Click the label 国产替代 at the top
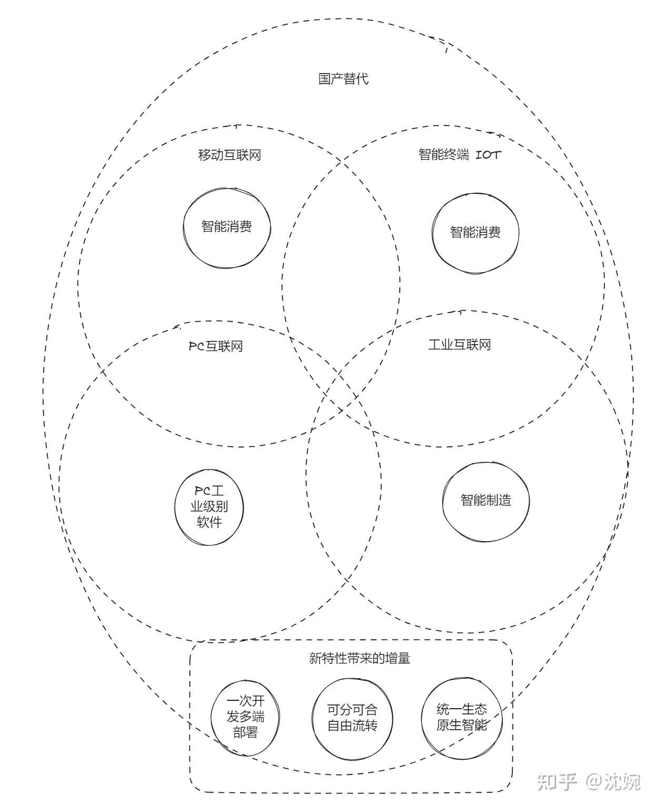343,79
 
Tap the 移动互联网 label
229,155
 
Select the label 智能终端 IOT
459,154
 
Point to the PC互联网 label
216,346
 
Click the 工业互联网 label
459,345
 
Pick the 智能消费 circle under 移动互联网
227,227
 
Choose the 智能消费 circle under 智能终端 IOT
475,232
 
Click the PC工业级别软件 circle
209,507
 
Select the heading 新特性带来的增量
360,658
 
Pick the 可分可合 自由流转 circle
352,718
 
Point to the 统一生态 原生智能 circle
461,718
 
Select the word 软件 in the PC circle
209,522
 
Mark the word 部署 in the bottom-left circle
245,732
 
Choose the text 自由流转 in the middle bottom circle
352,726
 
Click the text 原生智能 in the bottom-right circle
461,726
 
